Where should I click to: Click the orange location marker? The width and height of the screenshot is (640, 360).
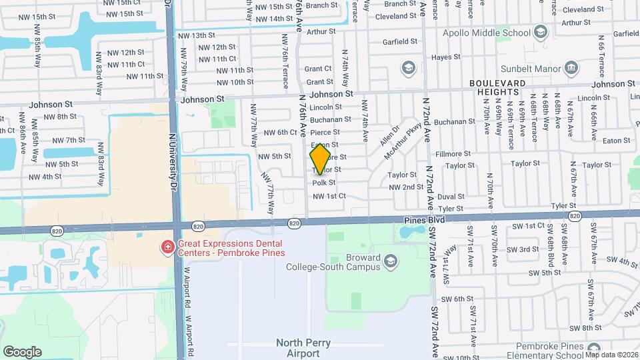click(x=320, y=158)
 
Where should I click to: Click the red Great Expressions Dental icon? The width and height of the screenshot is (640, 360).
click(x=167, y=248)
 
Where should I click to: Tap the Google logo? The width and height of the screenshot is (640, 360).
click(x=22, y=351)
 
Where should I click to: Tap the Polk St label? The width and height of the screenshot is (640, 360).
click(x=324, y=182)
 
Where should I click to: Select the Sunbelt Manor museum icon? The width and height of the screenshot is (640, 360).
click(x=571, y=67)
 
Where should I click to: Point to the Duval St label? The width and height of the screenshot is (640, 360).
click(x=451, y=197)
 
